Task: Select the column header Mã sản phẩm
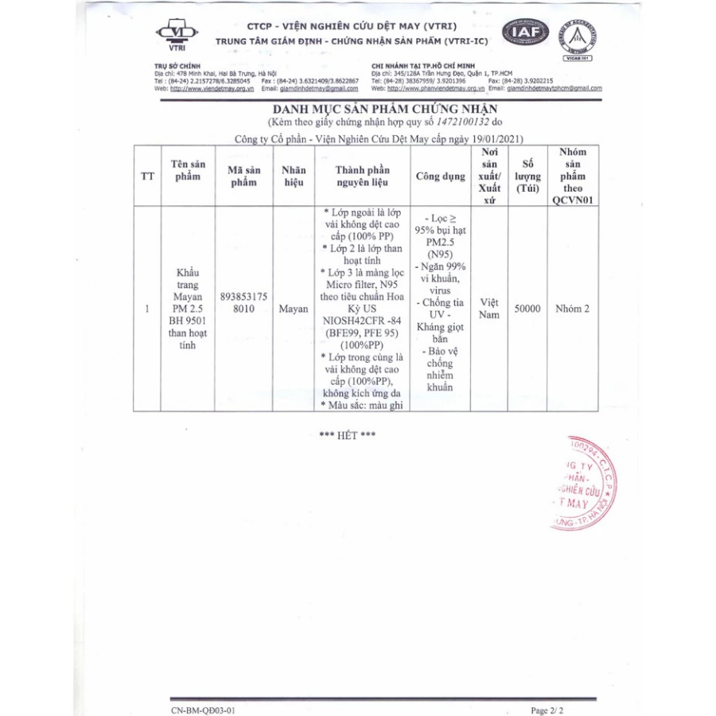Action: tap(243, 176)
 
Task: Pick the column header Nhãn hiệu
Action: tap(294, 176)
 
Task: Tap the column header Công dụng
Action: tap(440, 176)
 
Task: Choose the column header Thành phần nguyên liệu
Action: tap(362, 176)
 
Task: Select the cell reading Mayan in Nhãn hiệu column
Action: tap(294, 309)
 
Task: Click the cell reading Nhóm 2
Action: tap(573, 309)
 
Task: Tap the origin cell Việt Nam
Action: tap(489, 309)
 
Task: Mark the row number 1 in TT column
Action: tap(147, 309)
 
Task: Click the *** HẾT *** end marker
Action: tap(347, 435)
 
